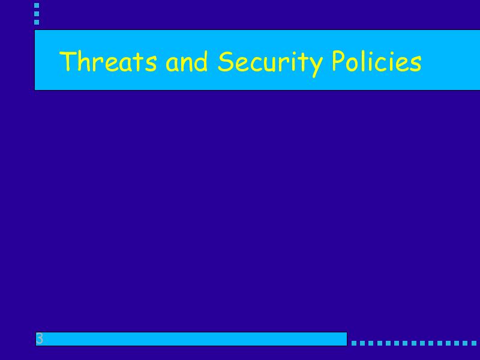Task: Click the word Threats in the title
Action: click(x=108, y=61)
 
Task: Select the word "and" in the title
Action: click(x=187, y=61)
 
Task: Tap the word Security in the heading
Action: click(x=270, y=64)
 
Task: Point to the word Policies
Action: click(x=377, y=61)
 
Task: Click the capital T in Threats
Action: click(x=67, y=61)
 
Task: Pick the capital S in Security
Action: click(x=225, y=61)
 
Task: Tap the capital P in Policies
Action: click(x=339, y=61)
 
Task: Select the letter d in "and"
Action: click(x=200, y=61)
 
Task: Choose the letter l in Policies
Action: click(x=364, y=61)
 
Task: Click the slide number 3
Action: click(x=40, y=338)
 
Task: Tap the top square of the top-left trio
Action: click(x=37, y=5)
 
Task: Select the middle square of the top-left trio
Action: click(x=37, y=14)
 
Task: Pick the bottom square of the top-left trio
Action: click(x=37, y=22)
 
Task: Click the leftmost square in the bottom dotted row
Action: click(x=354, y=343)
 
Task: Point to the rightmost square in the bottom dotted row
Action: click(x=474, y=343)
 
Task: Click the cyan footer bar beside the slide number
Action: click(x=191, y=339)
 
